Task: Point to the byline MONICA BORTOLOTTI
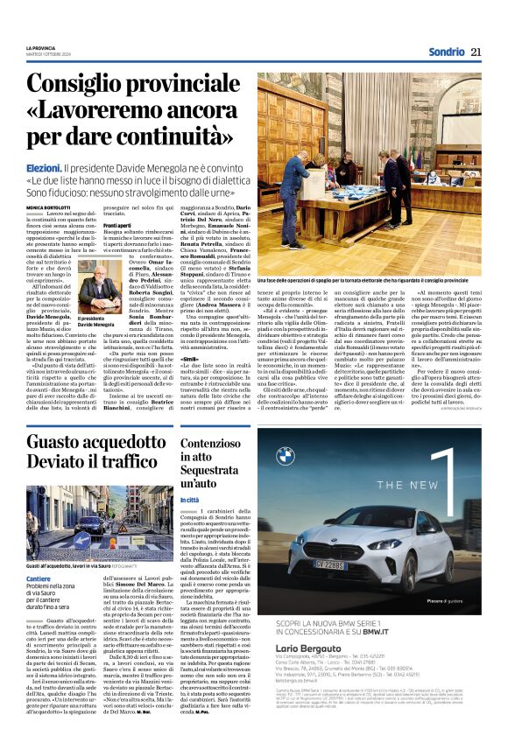50,182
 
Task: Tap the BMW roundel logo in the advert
286,456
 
